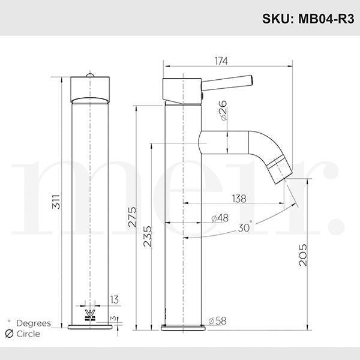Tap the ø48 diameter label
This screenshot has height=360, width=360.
[220, 218]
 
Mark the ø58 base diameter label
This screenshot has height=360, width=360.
[217, 321]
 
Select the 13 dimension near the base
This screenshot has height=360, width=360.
[115, 299]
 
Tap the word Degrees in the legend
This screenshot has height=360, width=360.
[34, 323]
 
